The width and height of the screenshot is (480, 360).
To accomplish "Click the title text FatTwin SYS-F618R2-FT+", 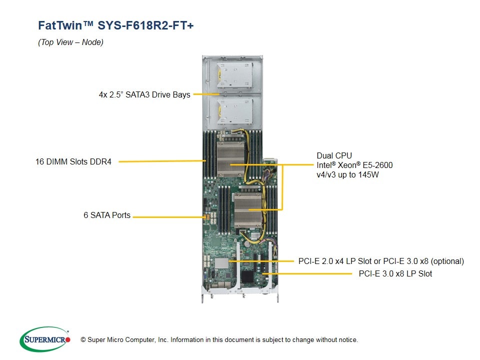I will [x=115, y=25].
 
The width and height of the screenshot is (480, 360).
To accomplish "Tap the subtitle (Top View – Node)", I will [x=70, y=42].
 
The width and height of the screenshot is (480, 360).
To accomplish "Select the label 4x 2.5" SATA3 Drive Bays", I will [x=144, y=94].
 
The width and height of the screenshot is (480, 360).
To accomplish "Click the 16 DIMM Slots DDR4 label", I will [x=73, y=161].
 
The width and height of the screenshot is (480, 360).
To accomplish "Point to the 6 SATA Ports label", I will [x=107, y=215].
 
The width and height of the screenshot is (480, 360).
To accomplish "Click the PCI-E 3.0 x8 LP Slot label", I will [x=395, y=273].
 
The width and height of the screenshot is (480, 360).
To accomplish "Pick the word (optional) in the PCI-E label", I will [x=447, y=261].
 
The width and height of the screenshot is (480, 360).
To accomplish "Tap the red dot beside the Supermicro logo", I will [x=68, y=339].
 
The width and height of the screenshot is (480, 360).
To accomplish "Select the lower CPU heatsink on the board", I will [x=248, y=210].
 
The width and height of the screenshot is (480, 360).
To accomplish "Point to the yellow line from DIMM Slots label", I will [x=160, y=161].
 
